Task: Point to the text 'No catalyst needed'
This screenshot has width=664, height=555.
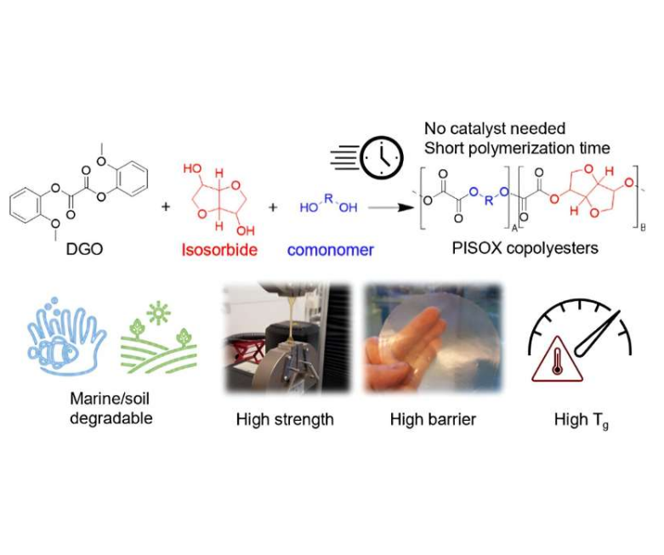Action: tap(495, 128)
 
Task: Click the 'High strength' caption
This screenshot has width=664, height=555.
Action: tap(284, 419)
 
